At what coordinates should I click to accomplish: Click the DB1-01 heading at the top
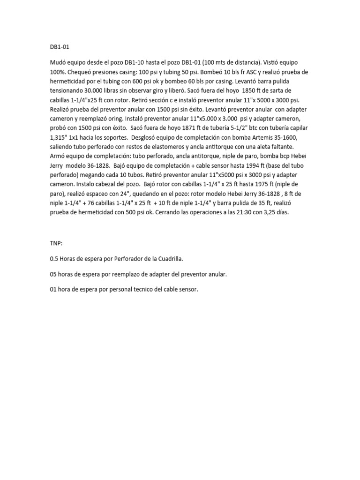point(59,47)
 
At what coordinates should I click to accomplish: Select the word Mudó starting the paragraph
point(59,63)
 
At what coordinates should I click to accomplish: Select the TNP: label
point(56,244)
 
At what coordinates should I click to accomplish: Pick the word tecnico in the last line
point(142,290)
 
